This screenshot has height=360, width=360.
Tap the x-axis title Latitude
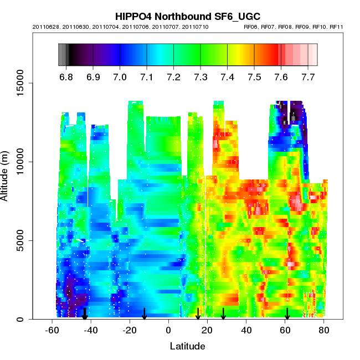tap(187, 347)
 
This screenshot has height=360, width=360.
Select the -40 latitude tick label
tap(90, 330)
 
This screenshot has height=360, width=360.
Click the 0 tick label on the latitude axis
tap(168, 330)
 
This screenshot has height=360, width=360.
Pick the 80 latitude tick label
tap(324, 330)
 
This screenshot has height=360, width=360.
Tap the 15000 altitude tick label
tap(21, 84)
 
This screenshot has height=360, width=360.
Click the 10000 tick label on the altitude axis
tap(21, 162)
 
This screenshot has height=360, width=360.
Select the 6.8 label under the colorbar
tap(66, 76)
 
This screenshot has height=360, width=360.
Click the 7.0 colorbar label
tap(120, 76)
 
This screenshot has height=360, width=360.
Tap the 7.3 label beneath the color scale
tap(200, 76)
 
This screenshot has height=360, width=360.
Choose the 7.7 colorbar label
tap(308, 76)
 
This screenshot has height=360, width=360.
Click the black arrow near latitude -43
tap(85, 314)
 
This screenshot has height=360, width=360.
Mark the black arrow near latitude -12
tap(144, 314)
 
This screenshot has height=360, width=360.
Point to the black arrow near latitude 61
tap(287, 314)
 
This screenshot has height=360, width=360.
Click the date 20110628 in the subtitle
tap(44, 27)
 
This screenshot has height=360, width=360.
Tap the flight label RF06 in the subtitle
tap(252, 27)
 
